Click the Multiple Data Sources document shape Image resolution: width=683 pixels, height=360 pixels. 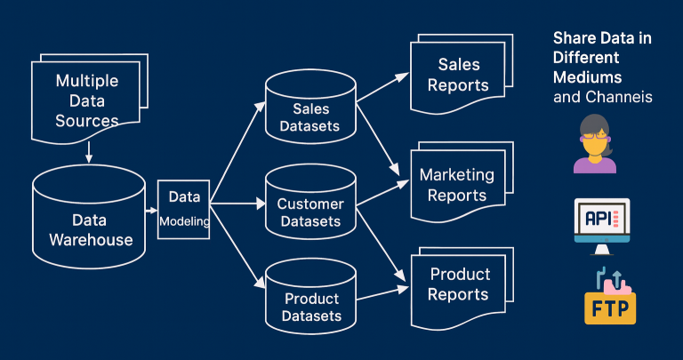pos(87,100)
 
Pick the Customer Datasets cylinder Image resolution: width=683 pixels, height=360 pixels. pos(309,206)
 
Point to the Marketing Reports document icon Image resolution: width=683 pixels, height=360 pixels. pos(458,184)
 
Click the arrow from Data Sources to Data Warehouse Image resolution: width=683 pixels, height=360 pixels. pos(88,153)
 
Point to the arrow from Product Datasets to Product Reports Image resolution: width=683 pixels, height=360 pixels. pos(382,291)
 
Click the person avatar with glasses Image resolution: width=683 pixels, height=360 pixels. pos(594,143)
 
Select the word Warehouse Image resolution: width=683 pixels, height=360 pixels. pos(91,239)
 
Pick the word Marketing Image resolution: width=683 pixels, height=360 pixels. pos(457,174)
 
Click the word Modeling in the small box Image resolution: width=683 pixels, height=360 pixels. pos(184,221)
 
